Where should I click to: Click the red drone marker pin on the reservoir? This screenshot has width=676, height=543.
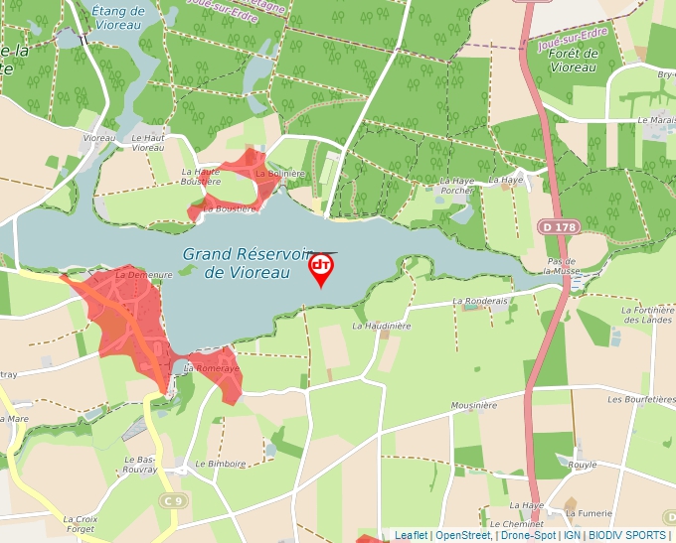[x=321, y=268]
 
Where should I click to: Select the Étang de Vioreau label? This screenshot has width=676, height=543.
[x=117, y=17]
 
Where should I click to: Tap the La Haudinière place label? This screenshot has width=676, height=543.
[x=382, y=325]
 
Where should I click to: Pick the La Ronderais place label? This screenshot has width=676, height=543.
[x=480, y=301]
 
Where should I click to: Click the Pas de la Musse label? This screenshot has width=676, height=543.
[x=563, y=265]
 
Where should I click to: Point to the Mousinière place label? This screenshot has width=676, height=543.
[x=473, y=406]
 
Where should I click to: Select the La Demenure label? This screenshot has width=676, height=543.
[x=144, y=274]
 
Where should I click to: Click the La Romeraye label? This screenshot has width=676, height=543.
[x=213, y=368]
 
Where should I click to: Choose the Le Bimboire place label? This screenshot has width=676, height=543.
[x=220, y=464]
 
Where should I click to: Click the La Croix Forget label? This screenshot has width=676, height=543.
[x=81, y=524]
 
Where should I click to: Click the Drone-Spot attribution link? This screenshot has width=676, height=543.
[x=528, y=536]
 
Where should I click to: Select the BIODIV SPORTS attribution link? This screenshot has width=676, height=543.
[x=626, y=536]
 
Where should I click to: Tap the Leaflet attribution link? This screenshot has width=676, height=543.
[x=411, y=536]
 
